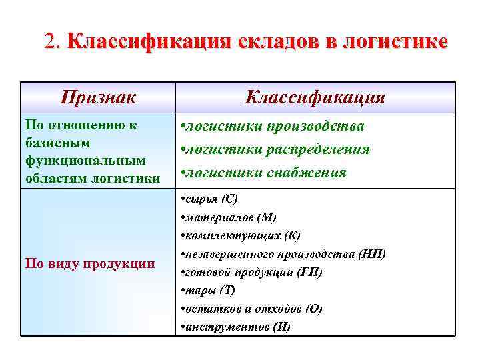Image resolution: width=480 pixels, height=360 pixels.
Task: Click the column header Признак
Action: coord(98,97)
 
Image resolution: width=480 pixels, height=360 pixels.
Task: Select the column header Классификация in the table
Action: coord(315,97)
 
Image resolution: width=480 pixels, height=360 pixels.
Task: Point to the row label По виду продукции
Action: coord(89,263)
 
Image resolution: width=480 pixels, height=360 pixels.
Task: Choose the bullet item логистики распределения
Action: coord(277,149)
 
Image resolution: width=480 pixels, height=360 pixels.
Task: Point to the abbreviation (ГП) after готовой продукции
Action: coord(310,272)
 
